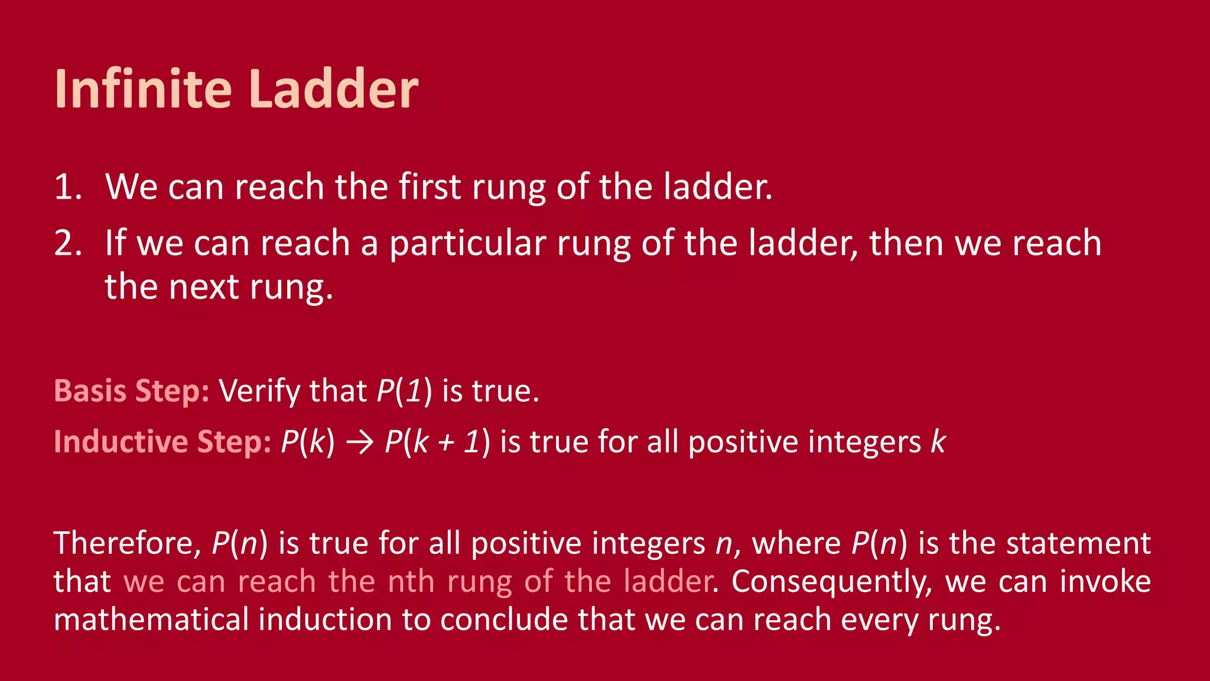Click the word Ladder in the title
[333, 89]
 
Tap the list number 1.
[67, 187]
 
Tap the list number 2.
[67, 244]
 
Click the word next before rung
[204, 287]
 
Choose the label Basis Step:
[131, 391]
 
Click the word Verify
[259, 391]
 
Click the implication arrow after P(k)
[359, 443]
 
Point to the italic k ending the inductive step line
[938, 442]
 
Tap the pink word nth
[411, 582]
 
